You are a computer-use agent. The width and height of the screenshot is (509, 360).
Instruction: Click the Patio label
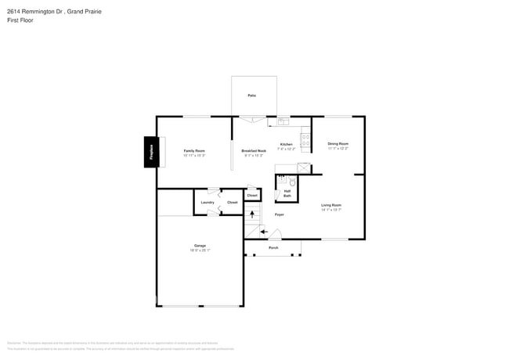point(252,95)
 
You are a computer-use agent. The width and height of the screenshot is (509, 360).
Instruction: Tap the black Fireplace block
point(150,152)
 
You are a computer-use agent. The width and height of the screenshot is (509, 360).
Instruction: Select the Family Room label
point(194,150)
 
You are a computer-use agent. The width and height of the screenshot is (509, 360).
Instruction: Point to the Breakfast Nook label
point(254,150)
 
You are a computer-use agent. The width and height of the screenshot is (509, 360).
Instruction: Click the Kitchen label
point(287,145)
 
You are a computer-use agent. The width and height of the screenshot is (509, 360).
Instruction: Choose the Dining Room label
point(338,144)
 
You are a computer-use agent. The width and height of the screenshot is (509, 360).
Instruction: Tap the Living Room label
point(331,205)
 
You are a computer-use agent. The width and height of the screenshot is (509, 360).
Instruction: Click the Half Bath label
point(287,193)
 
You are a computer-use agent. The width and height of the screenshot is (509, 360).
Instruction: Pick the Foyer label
point(279,214)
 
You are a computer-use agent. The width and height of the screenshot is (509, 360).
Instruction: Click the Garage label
point(200,246)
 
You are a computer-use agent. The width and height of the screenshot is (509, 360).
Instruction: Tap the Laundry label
point(208,202)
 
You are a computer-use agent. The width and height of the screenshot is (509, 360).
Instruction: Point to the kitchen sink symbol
point(283,121)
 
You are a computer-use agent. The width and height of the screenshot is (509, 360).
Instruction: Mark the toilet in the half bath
point(292,182)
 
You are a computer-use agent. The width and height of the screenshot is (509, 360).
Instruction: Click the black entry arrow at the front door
point(264,231)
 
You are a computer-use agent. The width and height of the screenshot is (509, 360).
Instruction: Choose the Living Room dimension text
point(331,210)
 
